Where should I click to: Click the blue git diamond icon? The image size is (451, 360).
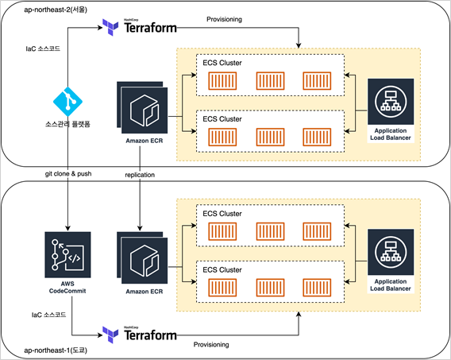[67, 102]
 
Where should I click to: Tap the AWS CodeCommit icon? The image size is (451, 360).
[67, 254]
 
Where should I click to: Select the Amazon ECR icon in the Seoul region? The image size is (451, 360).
[142, 107]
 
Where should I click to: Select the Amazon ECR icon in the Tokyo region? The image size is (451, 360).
[142, 258]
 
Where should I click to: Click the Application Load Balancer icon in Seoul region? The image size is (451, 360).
[391, 102]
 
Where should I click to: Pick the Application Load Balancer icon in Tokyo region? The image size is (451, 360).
[391, 252]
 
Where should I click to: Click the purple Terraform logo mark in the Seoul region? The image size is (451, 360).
[110, 27]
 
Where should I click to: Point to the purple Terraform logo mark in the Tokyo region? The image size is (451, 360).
[110, 335]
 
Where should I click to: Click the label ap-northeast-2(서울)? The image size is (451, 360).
[56, 10]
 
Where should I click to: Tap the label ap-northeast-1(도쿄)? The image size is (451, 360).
[56, 350]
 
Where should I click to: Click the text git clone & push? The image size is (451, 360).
[68, 174]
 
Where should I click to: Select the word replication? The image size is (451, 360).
[140, 175]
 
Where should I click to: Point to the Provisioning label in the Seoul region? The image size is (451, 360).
[225, 20]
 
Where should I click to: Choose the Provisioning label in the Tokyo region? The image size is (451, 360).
[211, 344]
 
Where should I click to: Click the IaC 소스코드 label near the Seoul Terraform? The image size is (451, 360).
[43, 48]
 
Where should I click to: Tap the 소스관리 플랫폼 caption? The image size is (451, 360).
[67, 124]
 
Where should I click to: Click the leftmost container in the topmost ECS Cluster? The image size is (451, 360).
[222, 81]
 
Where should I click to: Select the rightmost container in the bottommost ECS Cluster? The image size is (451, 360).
[317, 288]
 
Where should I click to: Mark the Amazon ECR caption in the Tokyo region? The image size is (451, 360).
[145, 292]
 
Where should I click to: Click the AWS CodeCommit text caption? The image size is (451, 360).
[67, 288]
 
